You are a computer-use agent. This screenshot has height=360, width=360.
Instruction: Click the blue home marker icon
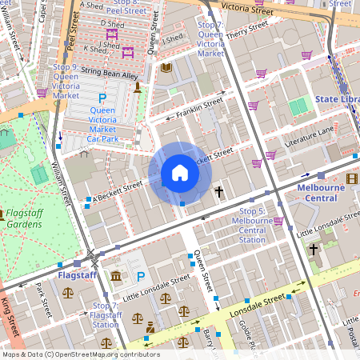point(179,173)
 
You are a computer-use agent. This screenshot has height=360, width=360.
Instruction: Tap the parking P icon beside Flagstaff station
point(141,277)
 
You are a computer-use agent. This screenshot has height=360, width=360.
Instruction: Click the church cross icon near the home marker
point(218,192)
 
